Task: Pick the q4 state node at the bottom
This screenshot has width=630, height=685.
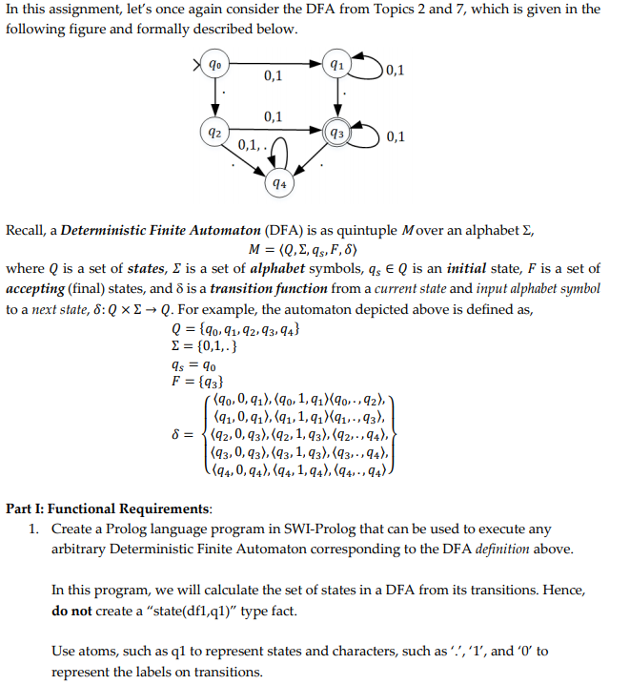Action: pyautogui.click(x=277, y=181)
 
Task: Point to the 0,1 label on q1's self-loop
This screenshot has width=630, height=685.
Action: pyautogui.click(x=394, y=70)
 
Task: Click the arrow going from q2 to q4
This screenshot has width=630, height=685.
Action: pyautogui.click(x=243, y=157)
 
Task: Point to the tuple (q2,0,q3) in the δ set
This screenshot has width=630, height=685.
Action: pyautogui.click(x=246, y=435)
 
